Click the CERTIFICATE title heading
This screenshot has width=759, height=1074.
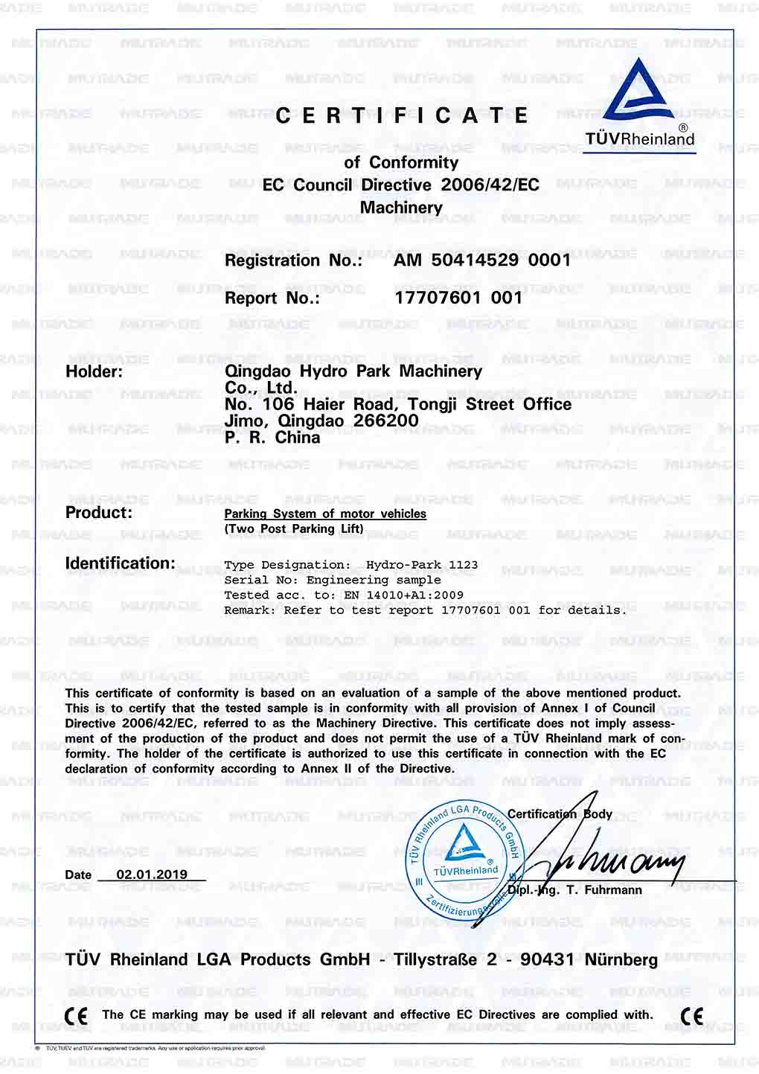tap(402, 115)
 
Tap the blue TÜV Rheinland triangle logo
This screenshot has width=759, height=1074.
tap(640, 94)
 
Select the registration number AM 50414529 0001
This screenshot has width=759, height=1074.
tap(482, 260)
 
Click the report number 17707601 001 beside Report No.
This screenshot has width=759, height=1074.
tap(458, 298)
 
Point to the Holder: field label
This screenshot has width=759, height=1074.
tap(95, 371)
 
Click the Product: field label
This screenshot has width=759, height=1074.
tap(99, 512)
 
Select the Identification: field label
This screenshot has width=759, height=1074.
tap(121, 563)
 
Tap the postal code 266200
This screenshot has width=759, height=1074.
tap(386, 421)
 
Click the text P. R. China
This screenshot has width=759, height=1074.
tap(272, 438)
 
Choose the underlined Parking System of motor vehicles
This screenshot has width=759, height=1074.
tap(325, 514)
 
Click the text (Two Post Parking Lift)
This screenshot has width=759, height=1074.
tap(294, 528)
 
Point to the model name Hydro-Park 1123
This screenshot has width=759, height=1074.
tap(422, 565)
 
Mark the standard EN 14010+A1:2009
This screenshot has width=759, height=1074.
tap(403, 595)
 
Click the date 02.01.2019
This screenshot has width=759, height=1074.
tap(152, 875)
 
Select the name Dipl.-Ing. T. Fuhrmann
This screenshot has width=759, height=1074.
tap(575, 890)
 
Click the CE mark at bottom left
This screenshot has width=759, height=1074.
tap(76, 1016)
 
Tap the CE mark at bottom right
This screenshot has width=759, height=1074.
tap(692, 1016)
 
